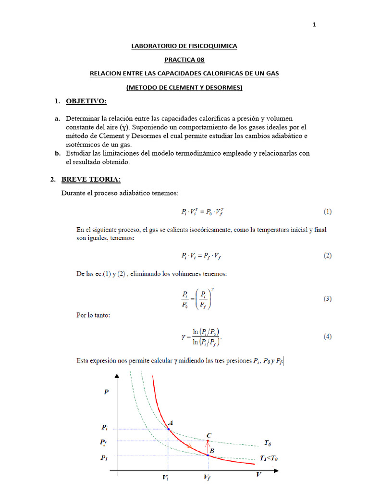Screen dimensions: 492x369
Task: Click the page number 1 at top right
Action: coord(314,25)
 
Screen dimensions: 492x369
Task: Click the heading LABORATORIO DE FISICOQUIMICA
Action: coord(184,46)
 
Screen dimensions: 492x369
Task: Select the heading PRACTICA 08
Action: coord(184,60)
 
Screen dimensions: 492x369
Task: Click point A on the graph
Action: coord(169,428)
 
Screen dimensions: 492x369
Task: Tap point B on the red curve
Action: coord(208,455)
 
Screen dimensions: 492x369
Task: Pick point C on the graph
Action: coord(208,441)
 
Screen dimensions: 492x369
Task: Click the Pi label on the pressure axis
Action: coord(105,427)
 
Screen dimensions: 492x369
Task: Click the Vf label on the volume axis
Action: coord(207,479)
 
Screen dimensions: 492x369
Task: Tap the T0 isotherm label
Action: coord(269,443)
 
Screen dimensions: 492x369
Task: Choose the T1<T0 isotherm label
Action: coord(269,458)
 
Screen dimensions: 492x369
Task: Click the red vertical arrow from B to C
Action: coord(208,447)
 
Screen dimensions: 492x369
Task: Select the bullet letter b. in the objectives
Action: coord(57,154)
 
